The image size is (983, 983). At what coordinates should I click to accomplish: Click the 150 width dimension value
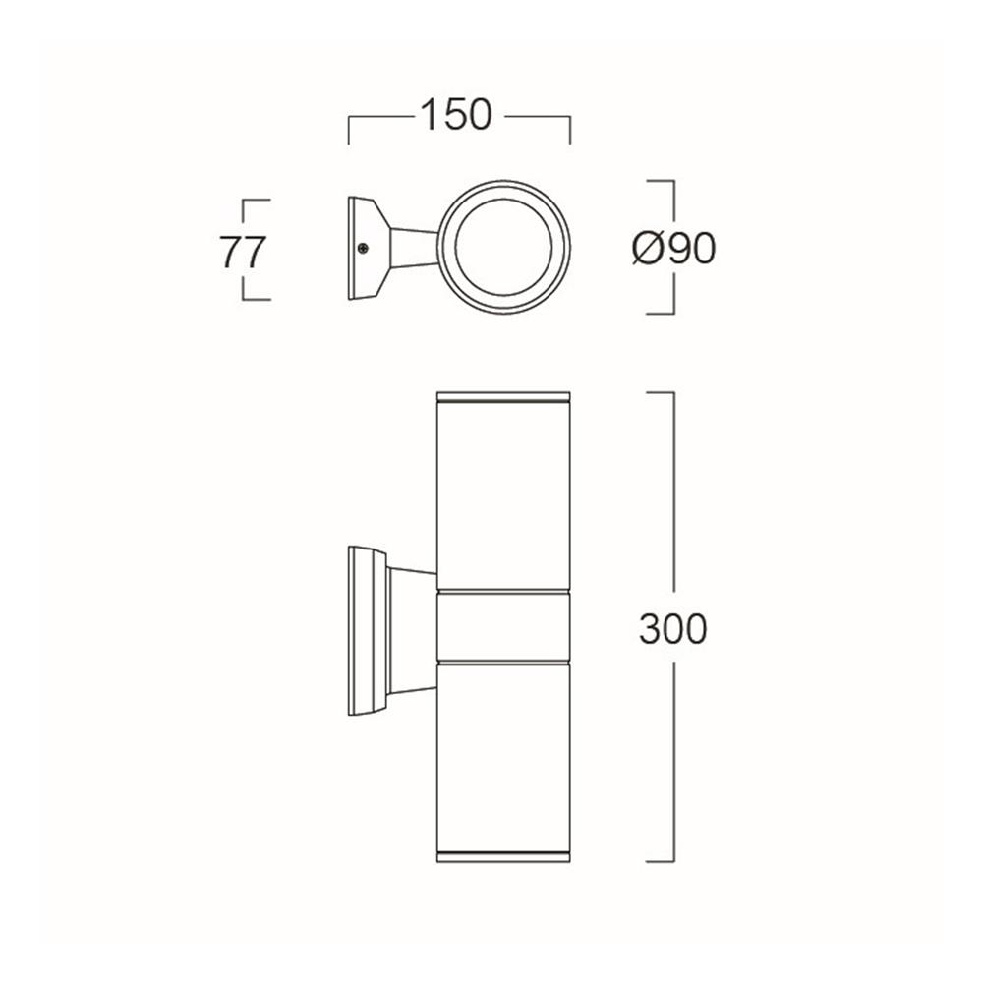click(x=456, y=115)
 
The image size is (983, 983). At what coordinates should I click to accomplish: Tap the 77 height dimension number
click(x=243, y=252)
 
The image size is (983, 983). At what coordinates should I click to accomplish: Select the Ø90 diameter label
click(x=673, y=249)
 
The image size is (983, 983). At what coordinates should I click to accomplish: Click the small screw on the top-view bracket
click(x=364, y=249)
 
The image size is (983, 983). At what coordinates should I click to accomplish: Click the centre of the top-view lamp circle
click(x=504, y=247)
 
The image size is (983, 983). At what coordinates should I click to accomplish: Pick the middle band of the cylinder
click(x=503, y=625)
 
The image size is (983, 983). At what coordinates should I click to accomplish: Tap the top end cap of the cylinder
click(x=503, y=396)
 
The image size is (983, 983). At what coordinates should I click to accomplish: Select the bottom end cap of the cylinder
click(x=503, y=857)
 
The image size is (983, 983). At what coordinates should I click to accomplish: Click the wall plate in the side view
click(x=368, y=631)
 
